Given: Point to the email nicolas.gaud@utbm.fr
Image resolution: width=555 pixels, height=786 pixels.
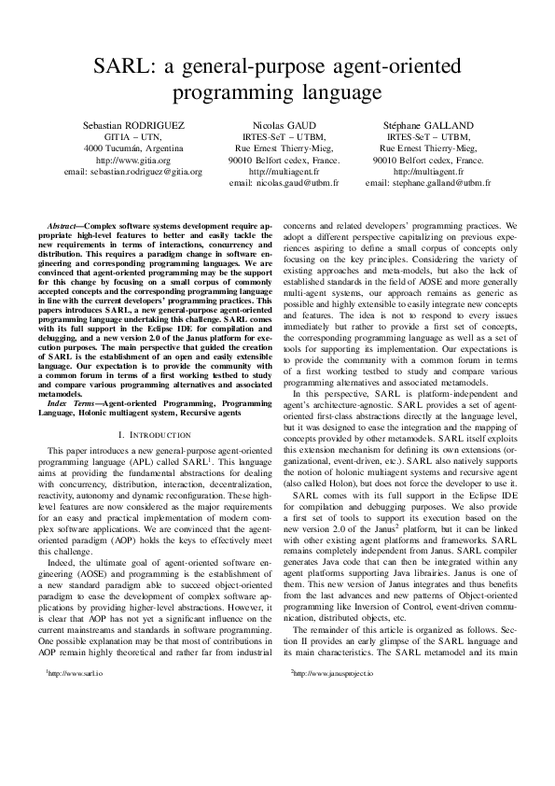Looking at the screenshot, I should pos(283,184).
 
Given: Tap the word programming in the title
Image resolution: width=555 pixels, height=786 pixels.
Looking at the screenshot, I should pos(229,93).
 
